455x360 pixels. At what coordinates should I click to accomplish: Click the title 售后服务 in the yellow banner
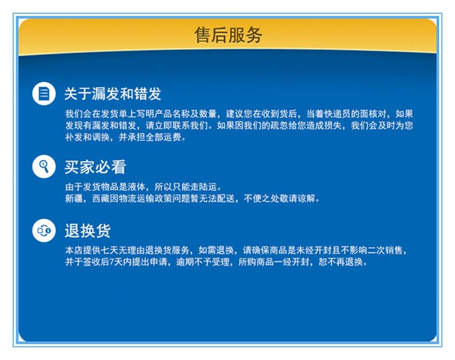point(228,35)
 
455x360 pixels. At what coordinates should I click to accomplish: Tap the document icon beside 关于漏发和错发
point(44,93)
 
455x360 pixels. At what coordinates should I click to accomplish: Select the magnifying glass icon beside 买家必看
point(44,167)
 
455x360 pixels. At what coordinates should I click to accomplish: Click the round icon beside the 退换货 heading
point(44,231)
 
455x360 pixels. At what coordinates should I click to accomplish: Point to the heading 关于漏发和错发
point(113,93)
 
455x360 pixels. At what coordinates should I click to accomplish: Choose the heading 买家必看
point(95,167)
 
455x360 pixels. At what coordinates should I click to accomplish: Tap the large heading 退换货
point(87,231)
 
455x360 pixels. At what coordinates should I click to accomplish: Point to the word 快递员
point(337,114)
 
